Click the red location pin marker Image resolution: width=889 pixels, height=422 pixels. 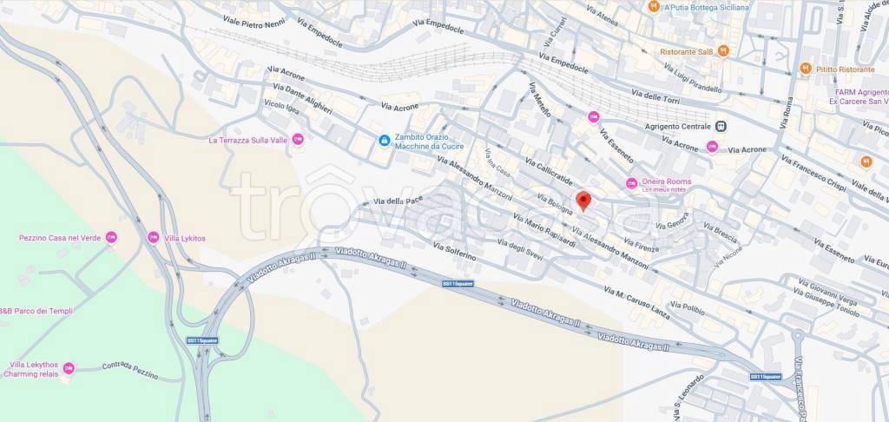click(x=583, y=201)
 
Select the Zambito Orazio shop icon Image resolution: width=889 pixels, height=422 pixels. click(x=384, y=140)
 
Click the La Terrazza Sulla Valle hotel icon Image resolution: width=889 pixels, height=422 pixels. click(x=298, y=139)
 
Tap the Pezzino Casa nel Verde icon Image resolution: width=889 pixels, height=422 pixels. click(x=111, y=237)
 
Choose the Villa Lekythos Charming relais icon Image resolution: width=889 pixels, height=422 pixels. click(x=69, y=368)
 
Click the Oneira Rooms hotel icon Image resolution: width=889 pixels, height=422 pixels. click(x=632, y=181)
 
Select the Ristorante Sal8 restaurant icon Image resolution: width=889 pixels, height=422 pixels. click(x=722, y=51)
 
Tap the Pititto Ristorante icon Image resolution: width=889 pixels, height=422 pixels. click(x=806, y=69)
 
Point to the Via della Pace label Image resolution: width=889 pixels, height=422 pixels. click(x=398, y=202)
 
